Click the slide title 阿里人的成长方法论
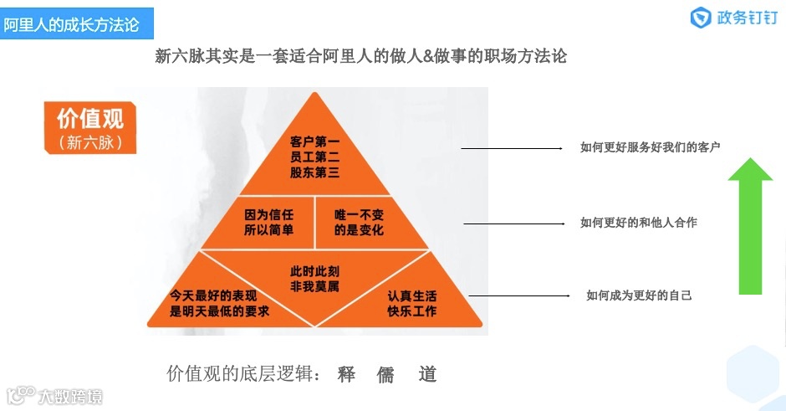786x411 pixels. [71, 25]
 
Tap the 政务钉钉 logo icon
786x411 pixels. [701, 18]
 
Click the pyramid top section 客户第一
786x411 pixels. [314, 156]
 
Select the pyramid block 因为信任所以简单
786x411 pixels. [269, 222]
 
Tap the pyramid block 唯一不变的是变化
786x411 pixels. [359, 222]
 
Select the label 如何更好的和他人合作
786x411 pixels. [639, 223]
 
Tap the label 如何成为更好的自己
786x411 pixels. [639, 295]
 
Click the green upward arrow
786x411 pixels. [749, 226]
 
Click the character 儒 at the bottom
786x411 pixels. [385, 374]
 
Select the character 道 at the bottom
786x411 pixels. [428, 374]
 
